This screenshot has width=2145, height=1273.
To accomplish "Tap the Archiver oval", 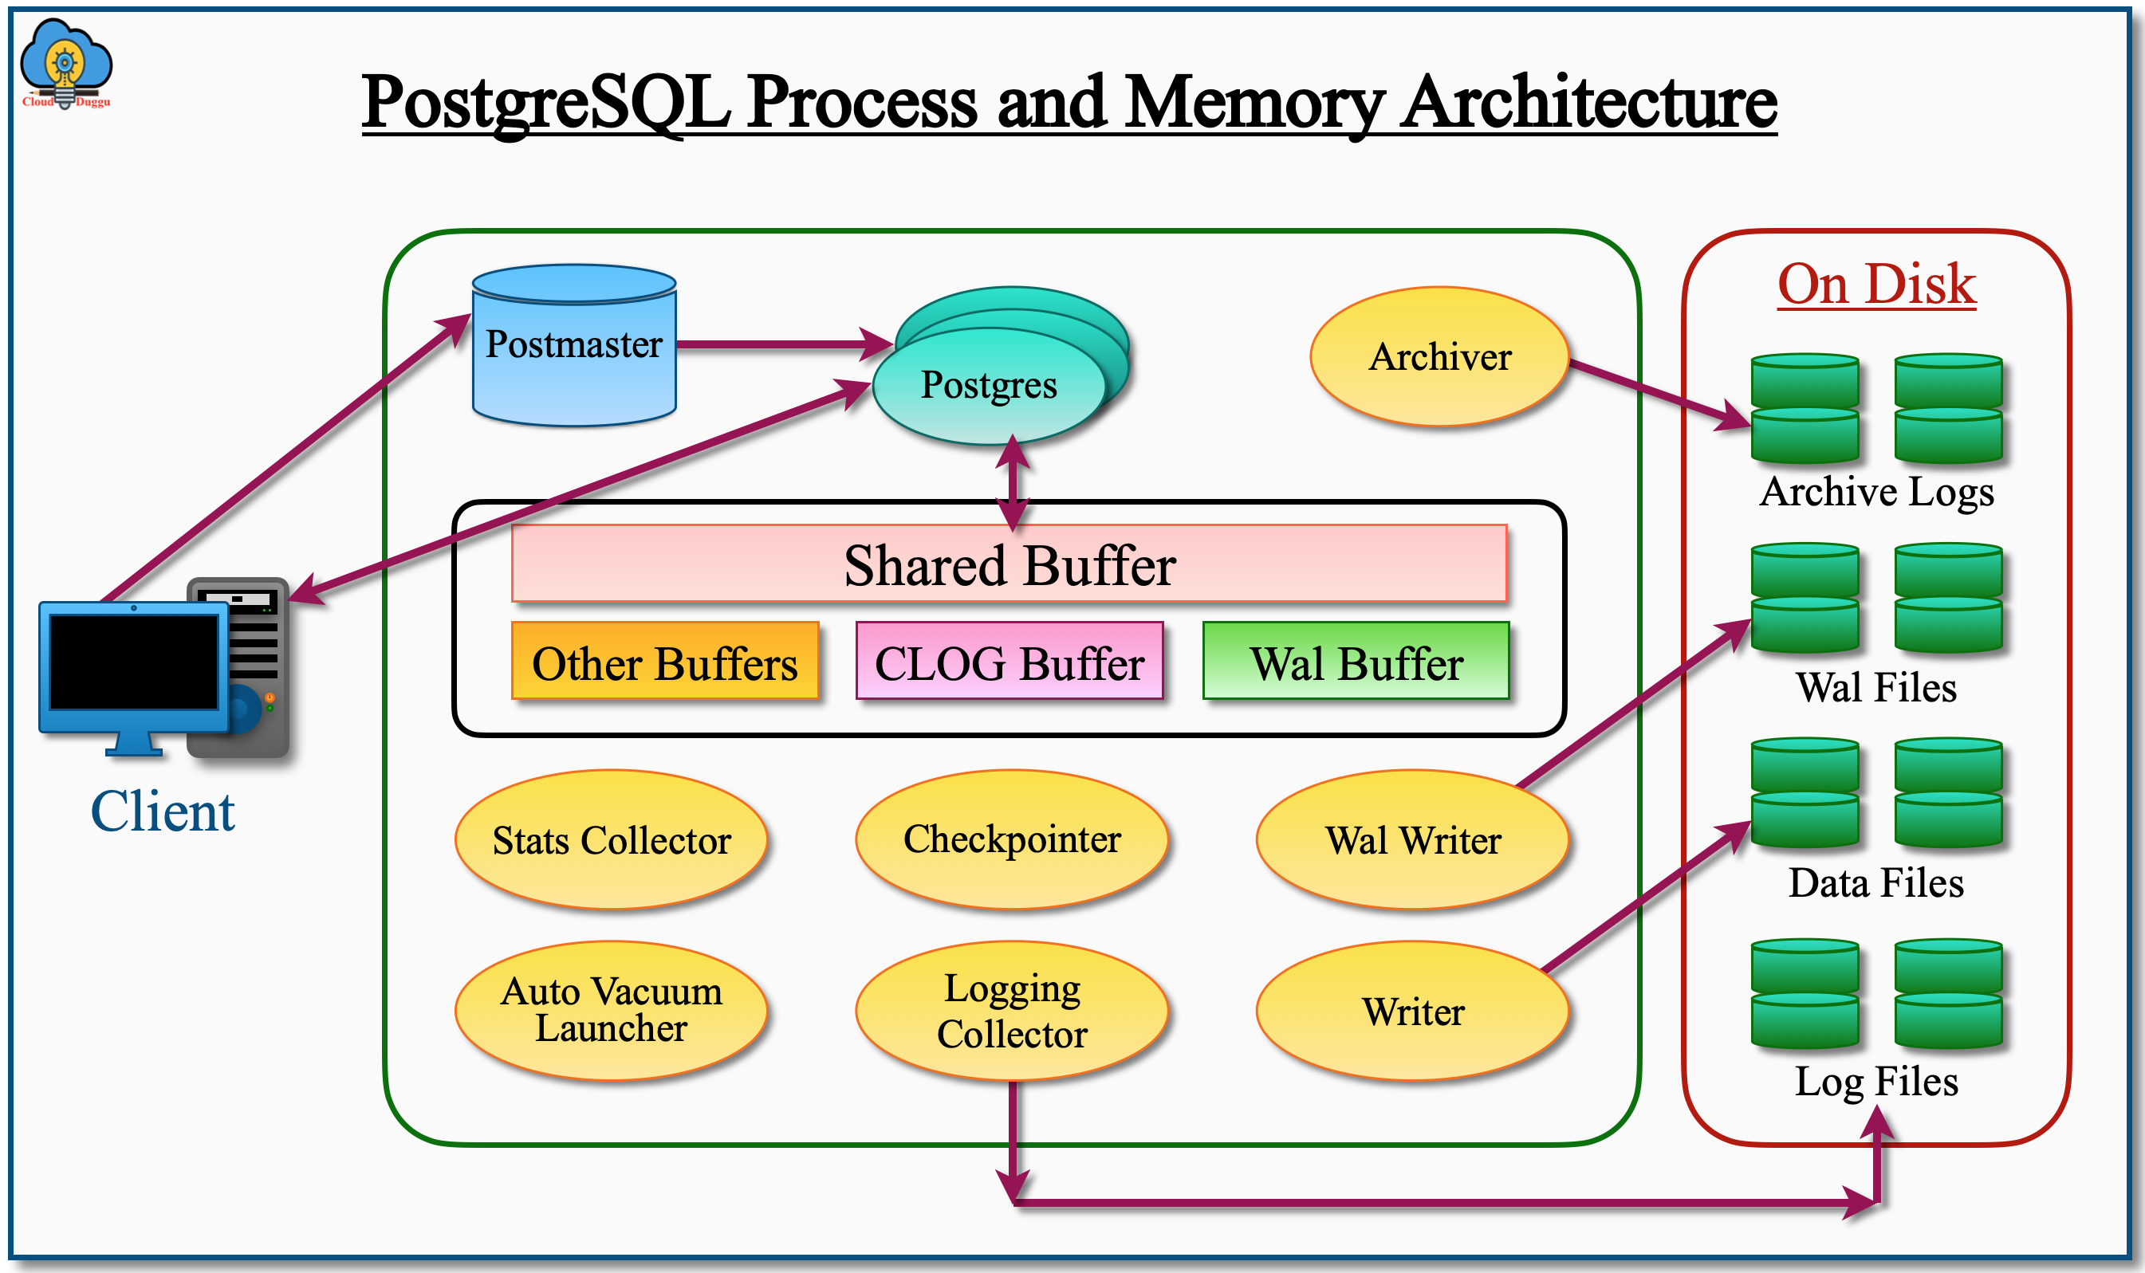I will pos(1439,356).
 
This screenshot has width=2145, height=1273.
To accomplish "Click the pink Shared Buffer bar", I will pos(1009,564).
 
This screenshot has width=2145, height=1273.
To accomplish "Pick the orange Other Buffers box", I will pos(665,662).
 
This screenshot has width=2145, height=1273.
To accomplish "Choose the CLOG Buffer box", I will pos(1009,662).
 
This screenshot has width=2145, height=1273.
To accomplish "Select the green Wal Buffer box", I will pos(1356,662).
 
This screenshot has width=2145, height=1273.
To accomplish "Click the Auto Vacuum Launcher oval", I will pos(611,1010).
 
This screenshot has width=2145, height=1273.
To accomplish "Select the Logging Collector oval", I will pos(1012,1010).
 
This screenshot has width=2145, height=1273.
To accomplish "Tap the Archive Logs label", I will pos(1876,492).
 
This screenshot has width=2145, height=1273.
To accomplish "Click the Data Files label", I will pos(1876,882).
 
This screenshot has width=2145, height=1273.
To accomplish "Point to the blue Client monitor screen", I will pos(134,662).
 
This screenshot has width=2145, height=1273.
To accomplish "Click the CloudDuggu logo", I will pos(66,65).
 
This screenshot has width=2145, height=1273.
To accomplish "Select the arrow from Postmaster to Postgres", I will pos(781,344).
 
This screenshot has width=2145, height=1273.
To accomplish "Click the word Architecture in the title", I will pos(1588,103).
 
